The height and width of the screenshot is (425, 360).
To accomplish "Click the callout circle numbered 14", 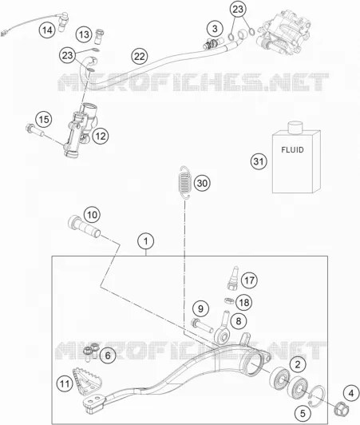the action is (x=47, y=30).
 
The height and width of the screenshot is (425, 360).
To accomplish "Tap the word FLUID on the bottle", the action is (x=292, y=150).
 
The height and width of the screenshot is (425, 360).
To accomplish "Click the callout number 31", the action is (x=259, y=161).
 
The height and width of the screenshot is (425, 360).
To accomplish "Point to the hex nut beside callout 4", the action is (x=342, y=407).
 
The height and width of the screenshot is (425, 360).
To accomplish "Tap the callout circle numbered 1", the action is (x=146, y=241).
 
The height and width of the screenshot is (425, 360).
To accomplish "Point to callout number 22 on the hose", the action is (x=140, y=57).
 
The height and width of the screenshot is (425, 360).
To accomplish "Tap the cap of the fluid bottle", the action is (x=295, y=128).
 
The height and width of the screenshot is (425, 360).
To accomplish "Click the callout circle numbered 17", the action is (x=249, y=280).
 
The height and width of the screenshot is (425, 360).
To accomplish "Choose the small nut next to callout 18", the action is (x=229, y=300).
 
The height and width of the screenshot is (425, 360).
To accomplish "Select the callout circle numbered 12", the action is (x=101, y=137).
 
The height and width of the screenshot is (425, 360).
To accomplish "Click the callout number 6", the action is (x=108, y=355).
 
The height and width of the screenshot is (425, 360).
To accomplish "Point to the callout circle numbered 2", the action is (x=298, y=364).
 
